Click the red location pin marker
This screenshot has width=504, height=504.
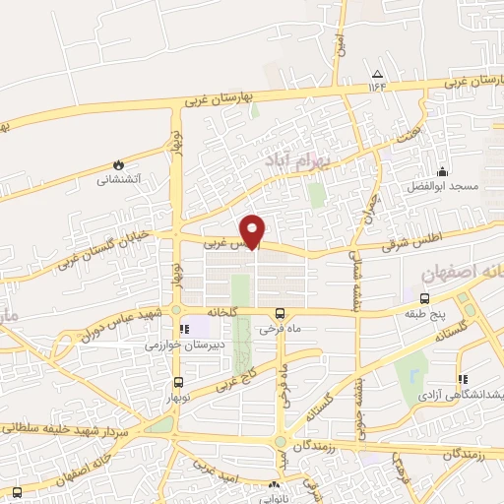click(254, 229)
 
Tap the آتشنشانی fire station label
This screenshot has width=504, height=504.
click(118, 180)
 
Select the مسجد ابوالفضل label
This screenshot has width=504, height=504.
click(443, 186)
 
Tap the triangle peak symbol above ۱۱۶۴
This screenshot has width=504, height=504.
click(377, 75)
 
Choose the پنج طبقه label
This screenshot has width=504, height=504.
click(424, 315)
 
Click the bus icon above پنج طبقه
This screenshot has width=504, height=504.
click(424, 298)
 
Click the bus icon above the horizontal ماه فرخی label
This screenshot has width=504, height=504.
click(279, 315)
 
